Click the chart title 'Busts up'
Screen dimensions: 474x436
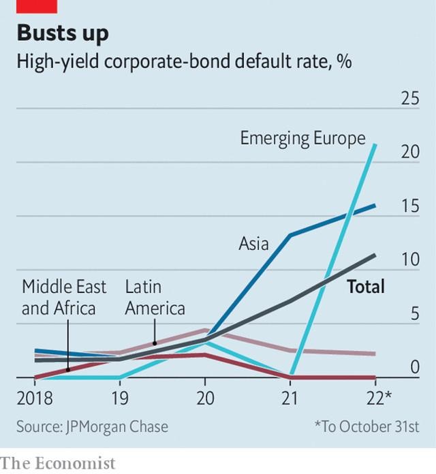pos(63,33)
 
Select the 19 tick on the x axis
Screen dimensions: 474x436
pos(120,397)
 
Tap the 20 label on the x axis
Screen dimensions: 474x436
pos(205,397)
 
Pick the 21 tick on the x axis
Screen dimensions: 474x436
pos(290,397)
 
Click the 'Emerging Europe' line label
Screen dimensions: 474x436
pos(302,139)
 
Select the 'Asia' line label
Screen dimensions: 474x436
pos(253,243)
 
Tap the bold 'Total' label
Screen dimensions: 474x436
pos(366,287)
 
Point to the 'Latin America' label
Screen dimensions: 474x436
pos(155,298)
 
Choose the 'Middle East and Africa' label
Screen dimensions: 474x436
pos(59,298)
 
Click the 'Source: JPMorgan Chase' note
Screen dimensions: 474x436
pos(92,427)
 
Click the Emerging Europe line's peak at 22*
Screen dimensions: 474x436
pos(375,144)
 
